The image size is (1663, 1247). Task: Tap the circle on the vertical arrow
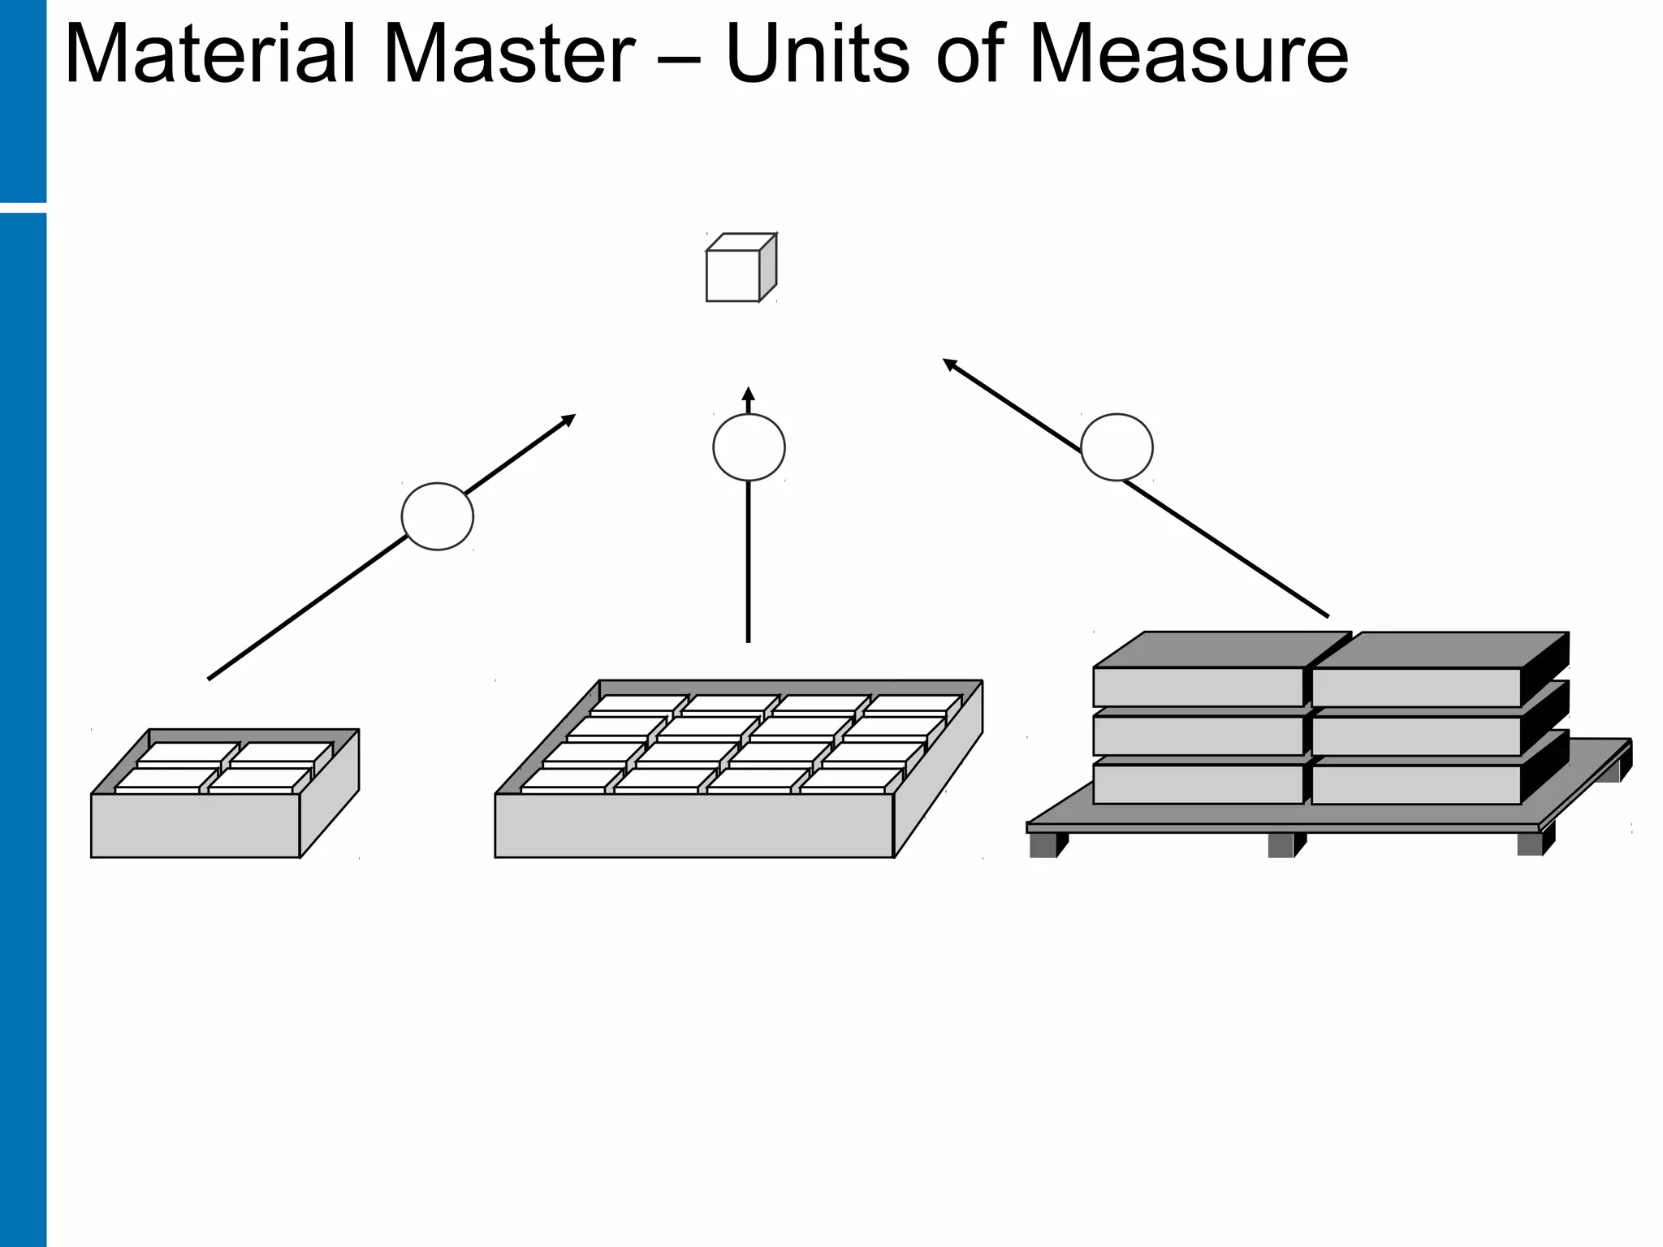(x=749, y=447)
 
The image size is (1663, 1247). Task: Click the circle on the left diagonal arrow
(x=438, y=516)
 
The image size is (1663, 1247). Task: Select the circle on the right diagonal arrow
(x=1117, y=447)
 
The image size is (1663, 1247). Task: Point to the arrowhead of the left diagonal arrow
(x=569, y=419)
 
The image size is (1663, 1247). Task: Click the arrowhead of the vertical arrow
(x=749, y=394)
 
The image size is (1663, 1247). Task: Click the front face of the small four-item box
(x=195, y=825)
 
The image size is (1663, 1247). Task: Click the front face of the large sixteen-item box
(x=693, y=825)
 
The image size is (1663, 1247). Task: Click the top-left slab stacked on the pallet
(x=1199, y=686)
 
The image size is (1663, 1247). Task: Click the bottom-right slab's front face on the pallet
(x=1415, y=784)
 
